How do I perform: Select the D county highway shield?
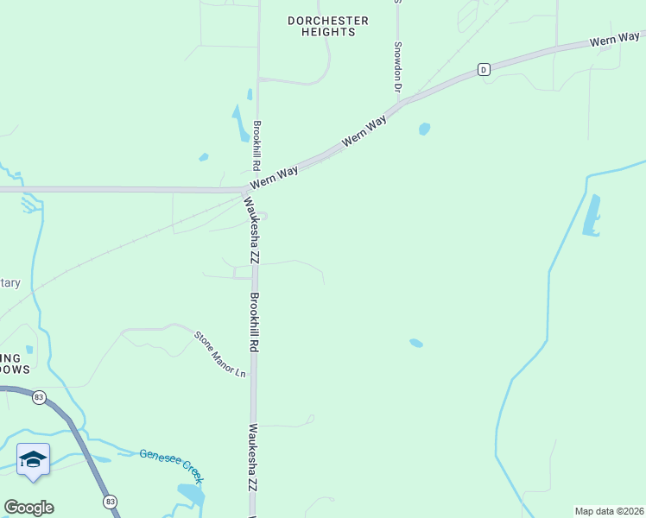(x=484, y=68)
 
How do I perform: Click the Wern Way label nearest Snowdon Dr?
(x=364, y=132)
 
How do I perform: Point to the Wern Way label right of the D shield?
(x=615, y=40)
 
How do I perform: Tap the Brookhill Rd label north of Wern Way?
(x=256, y=144)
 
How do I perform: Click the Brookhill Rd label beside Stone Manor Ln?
(x=255, y=321)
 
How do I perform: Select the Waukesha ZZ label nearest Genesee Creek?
(x=253, y=458)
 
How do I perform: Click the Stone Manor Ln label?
(x=219, y=354)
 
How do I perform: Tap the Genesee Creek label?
(x=171, y=461)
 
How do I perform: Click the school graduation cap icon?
(x=33, y=459)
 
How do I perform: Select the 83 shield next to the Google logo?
(x=110, y=502)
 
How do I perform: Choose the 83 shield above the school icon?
(x=39, y=397)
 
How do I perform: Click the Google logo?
(x=28, y=508)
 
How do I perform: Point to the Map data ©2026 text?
(x=609, y=511)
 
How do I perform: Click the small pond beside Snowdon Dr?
(x=424, y=129)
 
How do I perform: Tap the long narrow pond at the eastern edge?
(x=592, y=216)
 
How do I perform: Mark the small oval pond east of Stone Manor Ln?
(x=416, y=343)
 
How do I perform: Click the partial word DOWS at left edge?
(x=15, y=370)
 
